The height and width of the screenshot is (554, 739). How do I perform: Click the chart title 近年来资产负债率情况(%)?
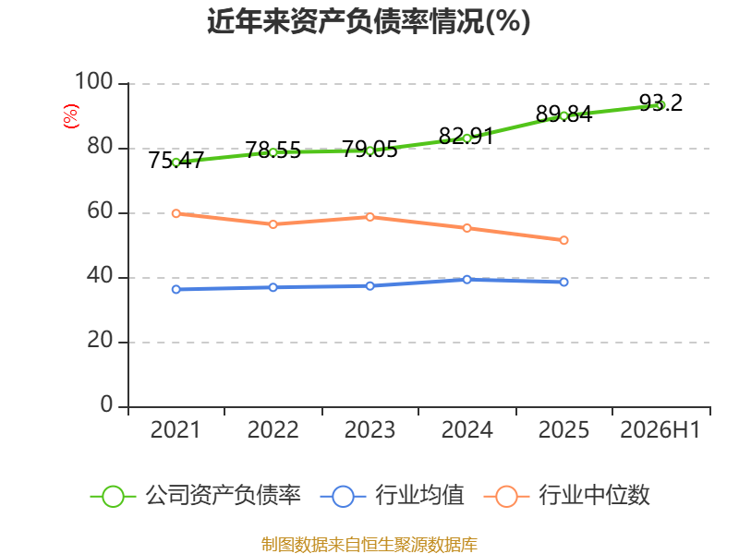coord(369,21)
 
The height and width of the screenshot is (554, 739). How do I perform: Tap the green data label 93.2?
coord(660,102)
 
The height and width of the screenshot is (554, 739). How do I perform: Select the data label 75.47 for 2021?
coord(176,160)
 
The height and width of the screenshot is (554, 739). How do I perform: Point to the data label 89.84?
coord(563,114)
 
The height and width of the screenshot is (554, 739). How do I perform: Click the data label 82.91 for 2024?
coord(466,136)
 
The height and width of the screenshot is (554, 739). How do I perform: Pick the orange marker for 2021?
coord(176,213)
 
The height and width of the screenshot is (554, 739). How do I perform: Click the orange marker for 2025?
coord(563,240)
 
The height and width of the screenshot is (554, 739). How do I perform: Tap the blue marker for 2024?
coord(466,280)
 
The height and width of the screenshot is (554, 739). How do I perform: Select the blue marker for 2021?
coord(176,289)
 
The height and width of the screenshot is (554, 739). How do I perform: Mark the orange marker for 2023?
coord(370,217)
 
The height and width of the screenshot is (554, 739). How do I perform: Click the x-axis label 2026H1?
coord(660,429)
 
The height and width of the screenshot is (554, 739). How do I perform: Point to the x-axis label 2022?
coord(273,429)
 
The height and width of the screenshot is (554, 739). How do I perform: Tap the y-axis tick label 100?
coord(94,81)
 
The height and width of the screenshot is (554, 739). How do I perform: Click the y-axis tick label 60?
coord(100,211)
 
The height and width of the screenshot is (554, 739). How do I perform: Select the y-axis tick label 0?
coord(106,404)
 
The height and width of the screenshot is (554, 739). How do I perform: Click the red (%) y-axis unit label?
coord(71,116)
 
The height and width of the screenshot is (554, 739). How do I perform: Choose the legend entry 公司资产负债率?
coord(195,496)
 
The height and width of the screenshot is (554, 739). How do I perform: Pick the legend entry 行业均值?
coord(392,496)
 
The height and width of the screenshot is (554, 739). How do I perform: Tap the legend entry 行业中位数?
coord(566,496)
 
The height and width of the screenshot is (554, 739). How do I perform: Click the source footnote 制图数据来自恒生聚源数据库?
coord(369,545)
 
